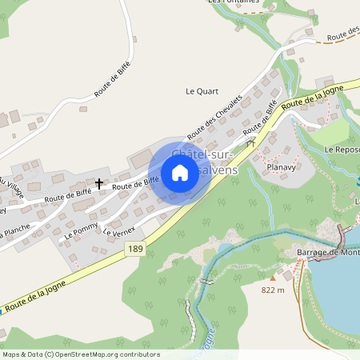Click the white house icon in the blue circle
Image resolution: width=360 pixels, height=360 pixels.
coord(180,173)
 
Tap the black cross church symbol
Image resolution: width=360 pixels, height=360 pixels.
coord(99,183)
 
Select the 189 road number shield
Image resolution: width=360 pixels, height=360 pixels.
coord(137,250)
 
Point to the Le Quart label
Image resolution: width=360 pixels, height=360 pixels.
coord(202,91)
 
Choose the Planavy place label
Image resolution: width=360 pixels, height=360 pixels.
coord(282,167)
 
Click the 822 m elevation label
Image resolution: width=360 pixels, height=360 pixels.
coord(273,290)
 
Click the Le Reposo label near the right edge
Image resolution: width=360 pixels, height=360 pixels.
coord(342,150)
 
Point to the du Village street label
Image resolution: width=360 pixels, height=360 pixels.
coord(11,189)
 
